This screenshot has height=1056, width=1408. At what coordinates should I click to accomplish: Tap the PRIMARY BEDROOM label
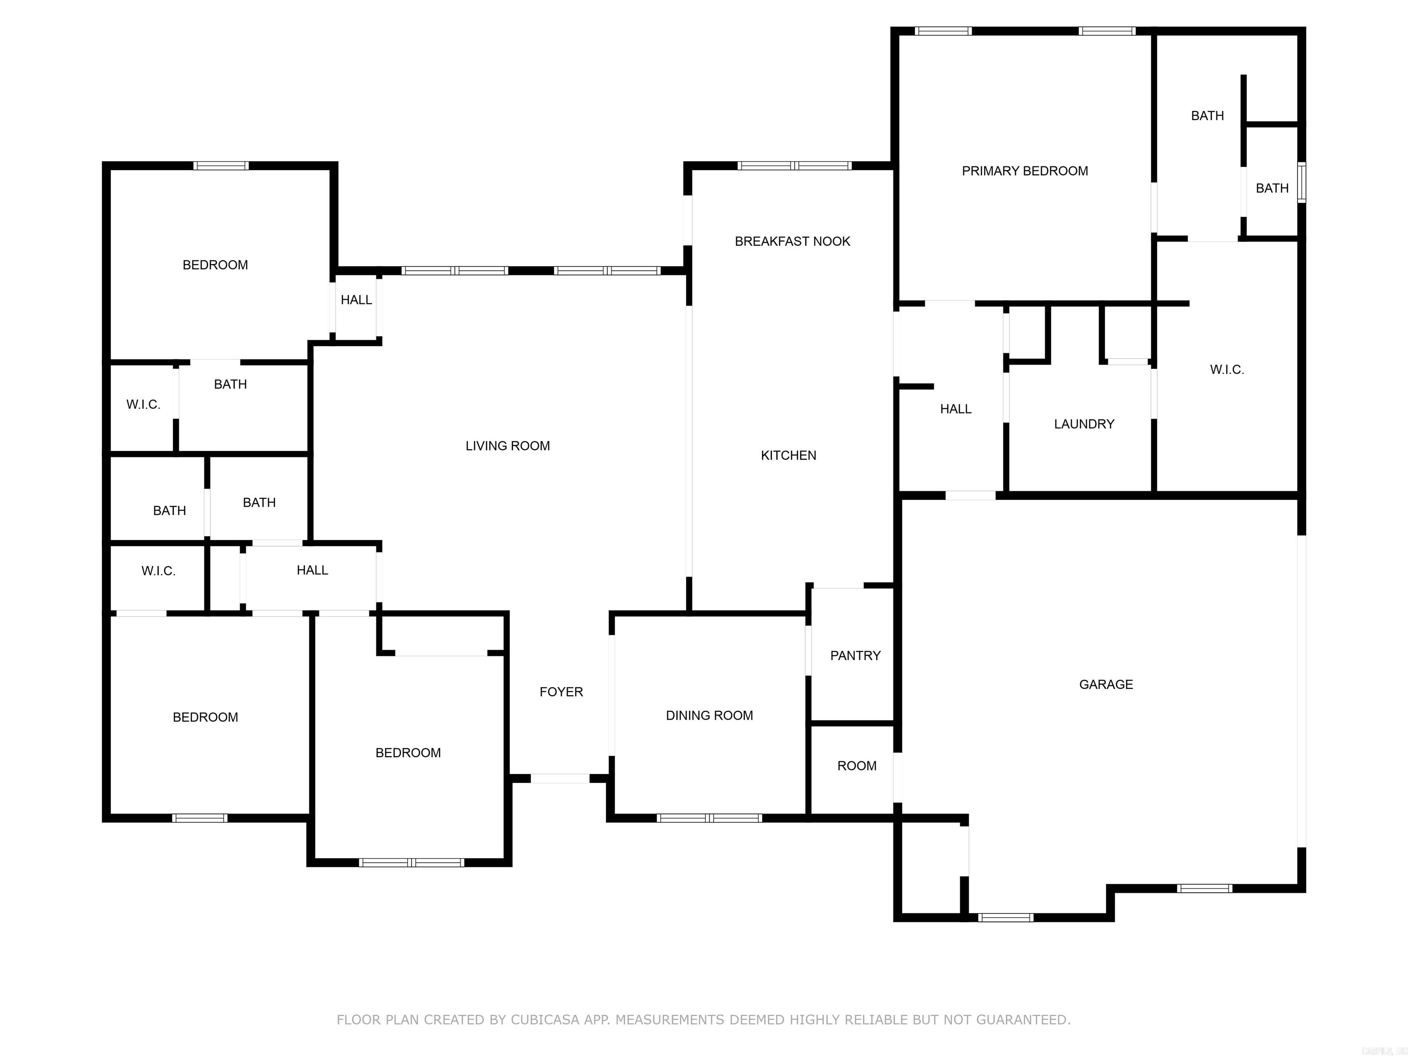(x=1024, y=170)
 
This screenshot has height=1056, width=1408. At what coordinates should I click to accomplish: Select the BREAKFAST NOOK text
(x=792, y=241)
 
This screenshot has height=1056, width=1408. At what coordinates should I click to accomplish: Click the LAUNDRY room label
(x=1083, y=424)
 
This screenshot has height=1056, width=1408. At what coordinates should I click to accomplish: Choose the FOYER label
(x=561, y=692)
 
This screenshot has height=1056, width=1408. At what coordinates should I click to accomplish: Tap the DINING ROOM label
(x=709, y=715)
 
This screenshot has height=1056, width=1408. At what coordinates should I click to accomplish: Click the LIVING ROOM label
(x=507, y=445)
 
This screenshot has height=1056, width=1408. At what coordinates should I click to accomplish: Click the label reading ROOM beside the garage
(x=856, y=766)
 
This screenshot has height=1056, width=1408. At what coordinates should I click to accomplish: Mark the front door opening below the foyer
(x=560, y=778)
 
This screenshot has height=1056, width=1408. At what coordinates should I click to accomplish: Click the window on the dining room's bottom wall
(x=709, y=818)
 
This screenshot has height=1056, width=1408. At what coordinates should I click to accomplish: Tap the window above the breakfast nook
(x=794, y=165)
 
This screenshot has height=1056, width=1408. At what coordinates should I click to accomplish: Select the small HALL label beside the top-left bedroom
(x=356, y=300)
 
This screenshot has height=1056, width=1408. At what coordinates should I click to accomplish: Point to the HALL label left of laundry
(x=956, y=409)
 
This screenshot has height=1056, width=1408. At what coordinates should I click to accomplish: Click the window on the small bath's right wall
(x=1302, y=183)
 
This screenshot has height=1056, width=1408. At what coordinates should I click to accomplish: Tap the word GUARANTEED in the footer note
(x=1022, y=1020)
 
